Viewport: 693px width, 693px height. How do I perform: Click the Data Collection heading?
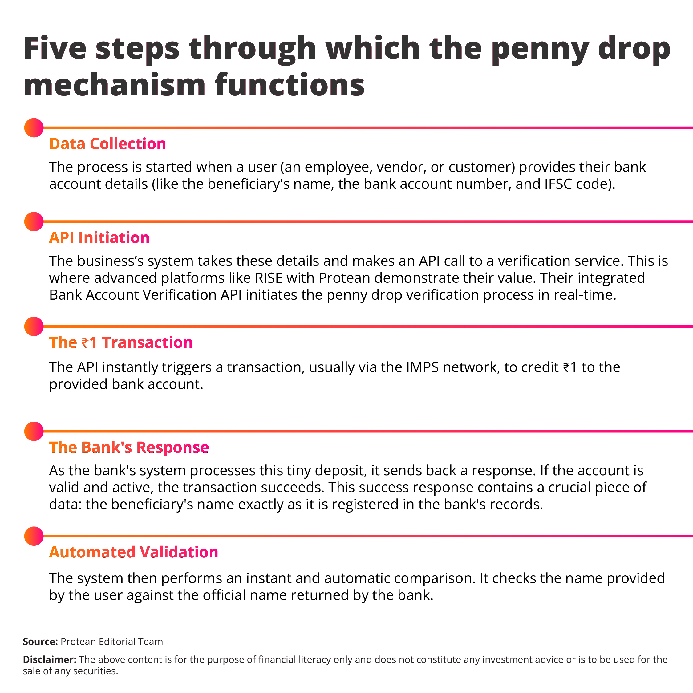click(x=107, y=144)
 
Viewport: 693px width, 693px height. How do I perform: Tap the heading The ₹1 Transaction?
click(x=120, y=342)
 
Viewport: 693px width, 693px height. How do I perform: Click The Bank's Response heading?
click(x=129, y=447)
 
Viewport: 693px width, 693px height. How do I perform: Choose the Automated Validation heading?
click(x=133, y=552)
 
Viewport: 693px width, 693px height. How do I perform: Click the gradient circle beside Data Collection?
click(x=34, y=128)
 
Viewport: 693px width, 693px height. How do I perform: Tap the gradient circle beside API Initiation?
click(x=34, y=221)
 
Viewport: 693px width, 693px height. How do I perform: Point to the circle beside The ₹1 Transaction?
click(x=34, y=326)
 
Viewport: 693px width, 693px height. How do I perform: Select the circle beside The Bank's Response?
click(x=34, y=431)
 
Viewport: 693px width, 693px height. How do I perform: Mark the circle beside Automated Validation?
click(x=34, y=536)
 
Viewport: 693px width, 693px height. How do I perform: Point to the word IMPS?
click(x=422, y=367)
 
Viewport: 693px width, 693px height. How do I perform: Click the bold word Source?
click(x=40, y=642)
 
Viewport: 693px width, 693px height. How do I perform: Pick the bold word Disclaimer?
click(x=49, y=660)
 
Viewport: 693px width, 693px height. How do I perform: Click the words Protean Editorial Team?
click(x=111, y=642)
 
